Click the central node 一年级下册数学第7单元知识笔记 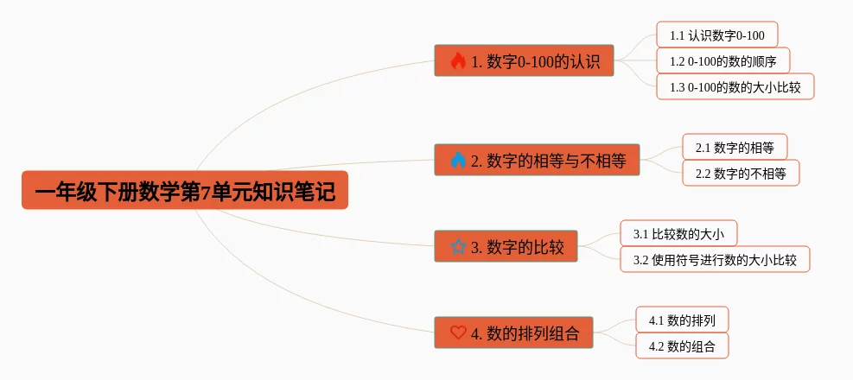184,190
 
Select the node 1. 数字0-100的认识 524,61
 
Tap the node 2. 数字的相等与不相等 537,161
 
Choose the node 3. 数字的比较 506,247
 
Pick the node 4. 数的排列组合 513,332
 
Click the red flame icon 458,61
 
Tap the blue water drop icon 458,161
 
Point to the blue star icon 458,247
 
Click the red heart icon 458,332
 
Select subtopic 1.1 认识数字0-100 716,35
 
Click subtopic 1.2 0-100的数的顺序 723,60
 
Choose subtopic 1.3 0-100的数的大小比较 735,86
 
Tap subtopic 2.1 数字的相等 735,147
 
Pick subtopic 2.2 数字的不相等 741,173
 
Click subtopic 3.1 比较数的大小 678,233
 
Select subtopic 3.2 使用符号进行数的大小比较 715,259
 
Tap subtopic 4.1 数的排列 682,320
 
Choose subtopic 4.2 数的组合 682,345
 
